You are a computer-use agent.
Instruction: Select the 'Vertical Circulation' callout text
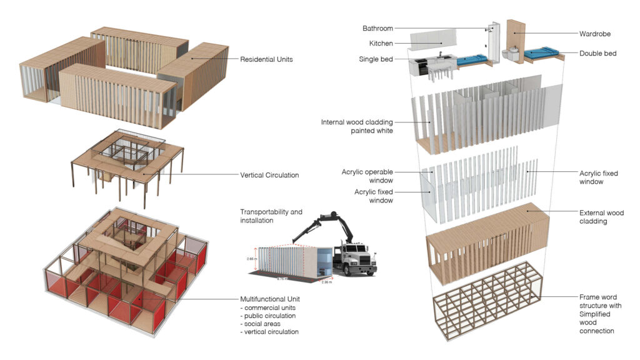point(269,176)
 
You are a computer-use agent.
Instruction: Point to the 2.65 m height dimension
point(249,257)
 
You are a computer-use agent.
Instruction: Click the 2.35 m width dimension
point(326,282)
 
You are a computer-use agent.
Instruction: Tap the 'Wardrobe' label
point(595,34)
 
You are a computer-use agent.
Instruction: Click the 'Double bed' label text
point(597,54)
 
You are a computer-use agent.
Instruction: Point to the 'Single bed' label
point(376,59)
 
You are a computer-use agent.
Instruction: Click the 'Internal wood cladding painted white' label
point(357,126)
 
